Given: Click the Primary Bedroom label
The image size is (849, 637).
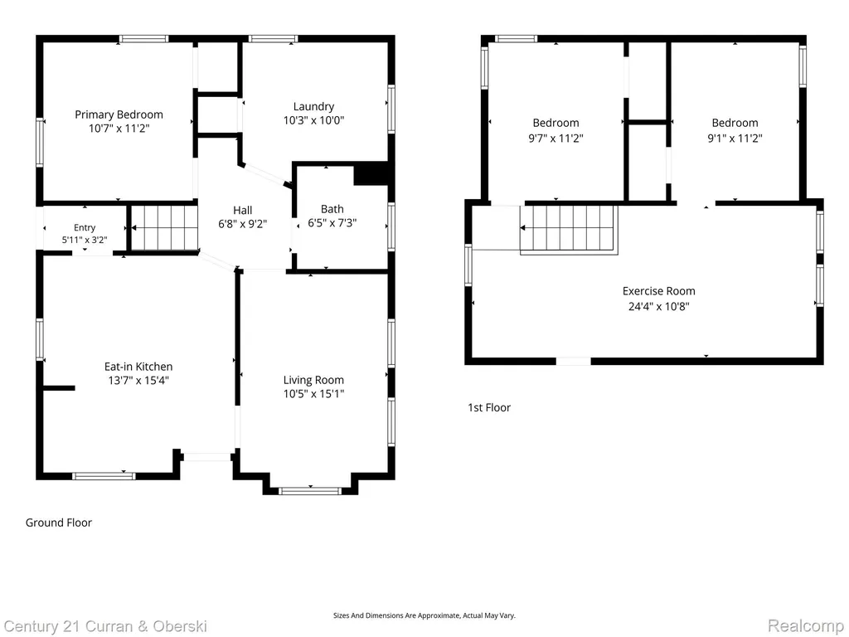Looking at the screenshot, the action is (x=119, y=114).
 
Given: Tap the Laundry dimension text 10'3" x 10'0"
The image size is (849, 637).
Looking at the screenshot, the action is (x=313, y=120).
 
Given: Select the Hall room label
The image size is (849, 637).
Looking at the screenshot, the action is (x=243, y=210).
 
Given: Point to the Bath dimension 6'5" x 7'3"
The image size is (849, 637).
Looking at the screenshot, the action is (x=332, y=222).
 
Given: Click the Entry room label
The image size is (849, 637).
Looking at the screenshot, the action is (x=85, y=227).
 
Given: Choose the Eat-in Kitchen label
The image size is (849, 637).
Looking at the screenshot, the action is (x=138, y=367).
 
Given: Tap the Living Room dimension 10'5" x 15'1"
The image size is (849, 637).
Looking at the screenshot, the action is (x=313, y=394).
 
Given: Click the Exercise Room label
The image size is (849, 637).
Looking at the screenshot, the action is (x=658, y=291).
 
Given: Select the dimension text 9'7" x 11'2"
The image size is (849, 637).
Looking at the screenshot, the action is (x=555, y=139).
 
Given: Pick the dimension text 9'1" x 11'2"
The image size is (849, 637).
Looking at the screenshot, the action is (x=735, y=139).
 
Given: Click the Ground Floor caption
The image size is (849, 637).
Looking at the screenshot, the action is (x=59, y=523).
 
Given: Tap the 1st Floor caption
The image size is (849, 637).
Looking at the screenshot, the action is (x=489, y=407).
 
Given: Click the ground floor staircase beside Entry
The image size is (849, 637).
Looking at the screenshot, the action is (x=165, y=227).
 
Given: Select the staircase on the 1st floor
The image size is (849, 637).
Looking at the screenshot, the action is (x=569, y=230).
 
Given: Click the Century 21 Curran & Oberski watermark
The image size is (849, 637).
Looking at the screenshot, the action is (x=105, y=627).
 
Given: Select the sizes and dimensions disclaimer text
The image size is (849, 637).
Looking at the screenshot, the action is (x=424, y=615).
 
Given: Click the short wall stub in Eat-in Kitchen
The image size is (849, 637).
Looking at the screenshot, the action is (x=59, y=388).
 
